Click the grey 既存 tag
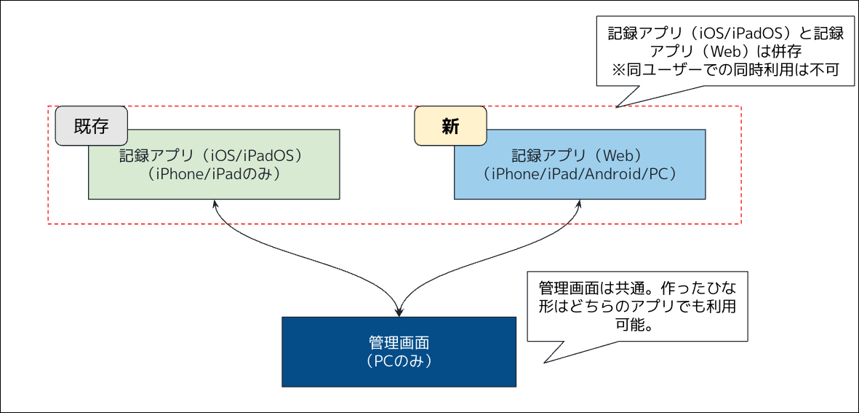coord(92,126)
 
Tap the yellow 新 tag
coord(450,126)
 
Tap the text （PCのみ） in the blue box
coord(399,361)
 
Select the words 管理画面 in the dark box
coord(399,342)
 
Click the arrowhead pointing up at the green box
coord(215,205)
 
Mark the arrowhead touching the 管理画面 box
coord(399,312)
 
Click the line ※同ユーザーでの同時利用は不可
coord(726,71)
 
